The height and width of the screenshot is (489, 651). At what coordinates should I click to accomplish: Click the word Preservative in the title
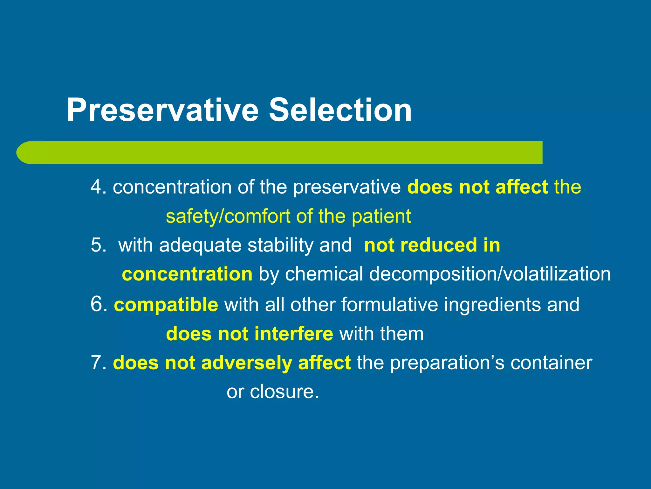pyautogui.click(x=162, y=110)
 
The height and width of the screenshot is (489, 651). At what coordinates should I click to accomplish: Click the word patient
pyautogui.click(x=381, y=216)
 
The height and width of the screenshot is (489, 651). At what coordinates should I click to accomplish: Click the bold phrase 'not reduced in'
pyautogui.click(x=432, y=245)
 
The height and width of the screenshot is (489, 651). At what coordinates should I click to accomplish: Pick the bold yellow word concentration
pyautogui.click(x=187, y=274)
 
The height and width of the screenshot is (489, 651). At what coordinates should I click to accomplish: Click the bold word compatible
pyautogui.click(x=166, y=305)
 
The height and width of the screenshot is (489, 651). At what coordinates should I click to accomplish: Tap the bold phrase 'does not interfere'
pyautogui.click(x=250, y=334)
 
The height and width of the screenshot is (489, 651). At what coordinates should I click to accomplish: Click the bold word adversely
pyautogui.click(x=246, y=363)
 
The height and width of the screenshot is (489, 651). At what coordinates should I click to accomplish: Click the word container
pyautogui.click(x=551, y=363)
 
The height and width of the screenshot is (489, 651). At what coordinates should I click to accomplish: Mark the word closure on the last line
pyautogui.click(x=284, y=392)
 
